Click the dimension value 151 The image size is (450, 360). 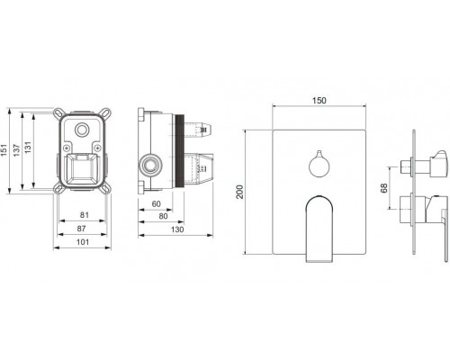tap(4, 149)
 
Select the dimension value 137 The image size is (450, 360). tap(16, 150)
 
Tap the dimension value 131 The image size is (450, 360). tap(28, 148)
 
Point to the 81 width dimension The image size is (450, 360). tap(85, 215)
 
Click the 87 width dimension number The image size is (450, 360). tap(81, 229)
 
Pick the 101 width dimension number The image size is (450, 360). tap(83, 242)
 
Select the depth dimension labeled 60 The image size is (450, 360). tap(156, 204)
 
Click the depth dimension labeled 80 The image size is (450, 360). tap(163, 216)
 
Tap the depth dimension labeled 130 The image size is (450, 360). tap(177, 229)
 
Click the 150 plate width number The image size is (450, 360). tap(319, 101)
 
